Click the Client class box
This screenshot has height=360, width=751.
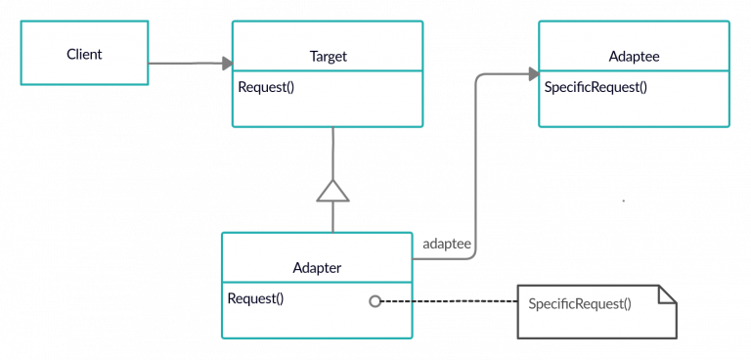(x=84, y=53)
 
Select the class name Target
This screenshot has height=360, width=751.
(x=327, y=57)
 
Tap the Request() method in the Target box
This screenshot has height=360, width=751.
(x=266, y=87)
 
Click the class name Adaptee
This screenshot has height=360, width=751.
(x=633, y=57)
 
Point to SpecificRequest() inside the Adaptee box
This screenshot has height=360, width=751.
(x=596, y=87)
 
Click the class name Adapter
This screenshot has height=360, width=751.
(x=317, y=267)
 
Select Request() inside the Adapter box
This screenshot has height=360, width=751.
(x=255, y=298)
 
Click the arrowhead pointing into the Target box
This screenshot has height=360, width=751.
(x=226, y=64)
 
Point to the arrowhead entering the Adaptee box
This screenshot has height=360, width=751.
(x=532, y=74)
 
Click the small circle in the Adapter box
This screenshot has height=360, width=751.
(x=375, y=301)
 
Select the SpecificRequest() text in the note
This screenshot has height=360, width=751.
(x=579, y=303)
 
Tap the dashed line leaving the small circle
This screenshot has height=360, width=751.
(x=396, y=301)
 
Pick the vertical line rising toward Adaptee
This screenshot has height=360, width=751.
(x=475, y=166)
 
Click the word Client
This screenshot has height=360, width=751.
(x=84, y=53)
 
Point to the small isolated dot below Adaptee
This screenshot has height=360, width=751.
(x=623, y=201)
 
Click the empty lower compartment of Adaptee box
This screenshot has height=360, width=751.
(x=633, y=112)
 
